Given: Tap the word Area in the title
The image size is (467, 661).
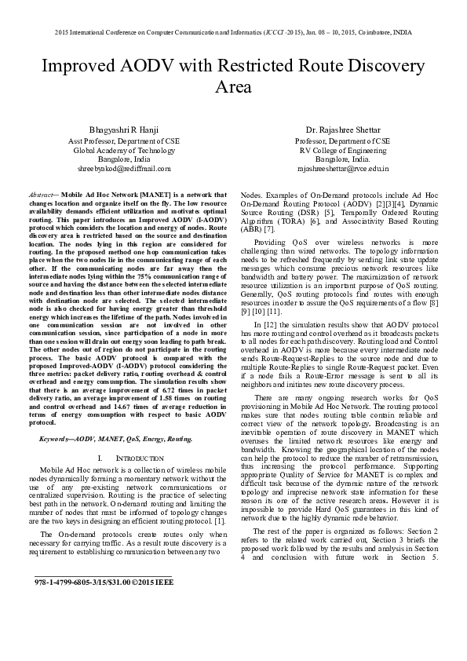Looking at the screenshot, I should [233, 86].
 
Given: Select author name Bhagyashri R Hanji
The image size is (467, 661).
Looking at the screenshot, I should [124, 128].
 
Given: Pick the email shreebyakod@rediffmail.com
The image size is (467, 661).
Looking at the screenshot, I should [124, 169].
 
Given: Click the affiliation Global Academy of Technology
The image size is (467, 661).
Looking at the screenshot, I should [124, 148].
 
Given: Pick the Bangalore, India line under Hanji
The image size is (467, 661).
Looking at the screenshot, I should [124, 159].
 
